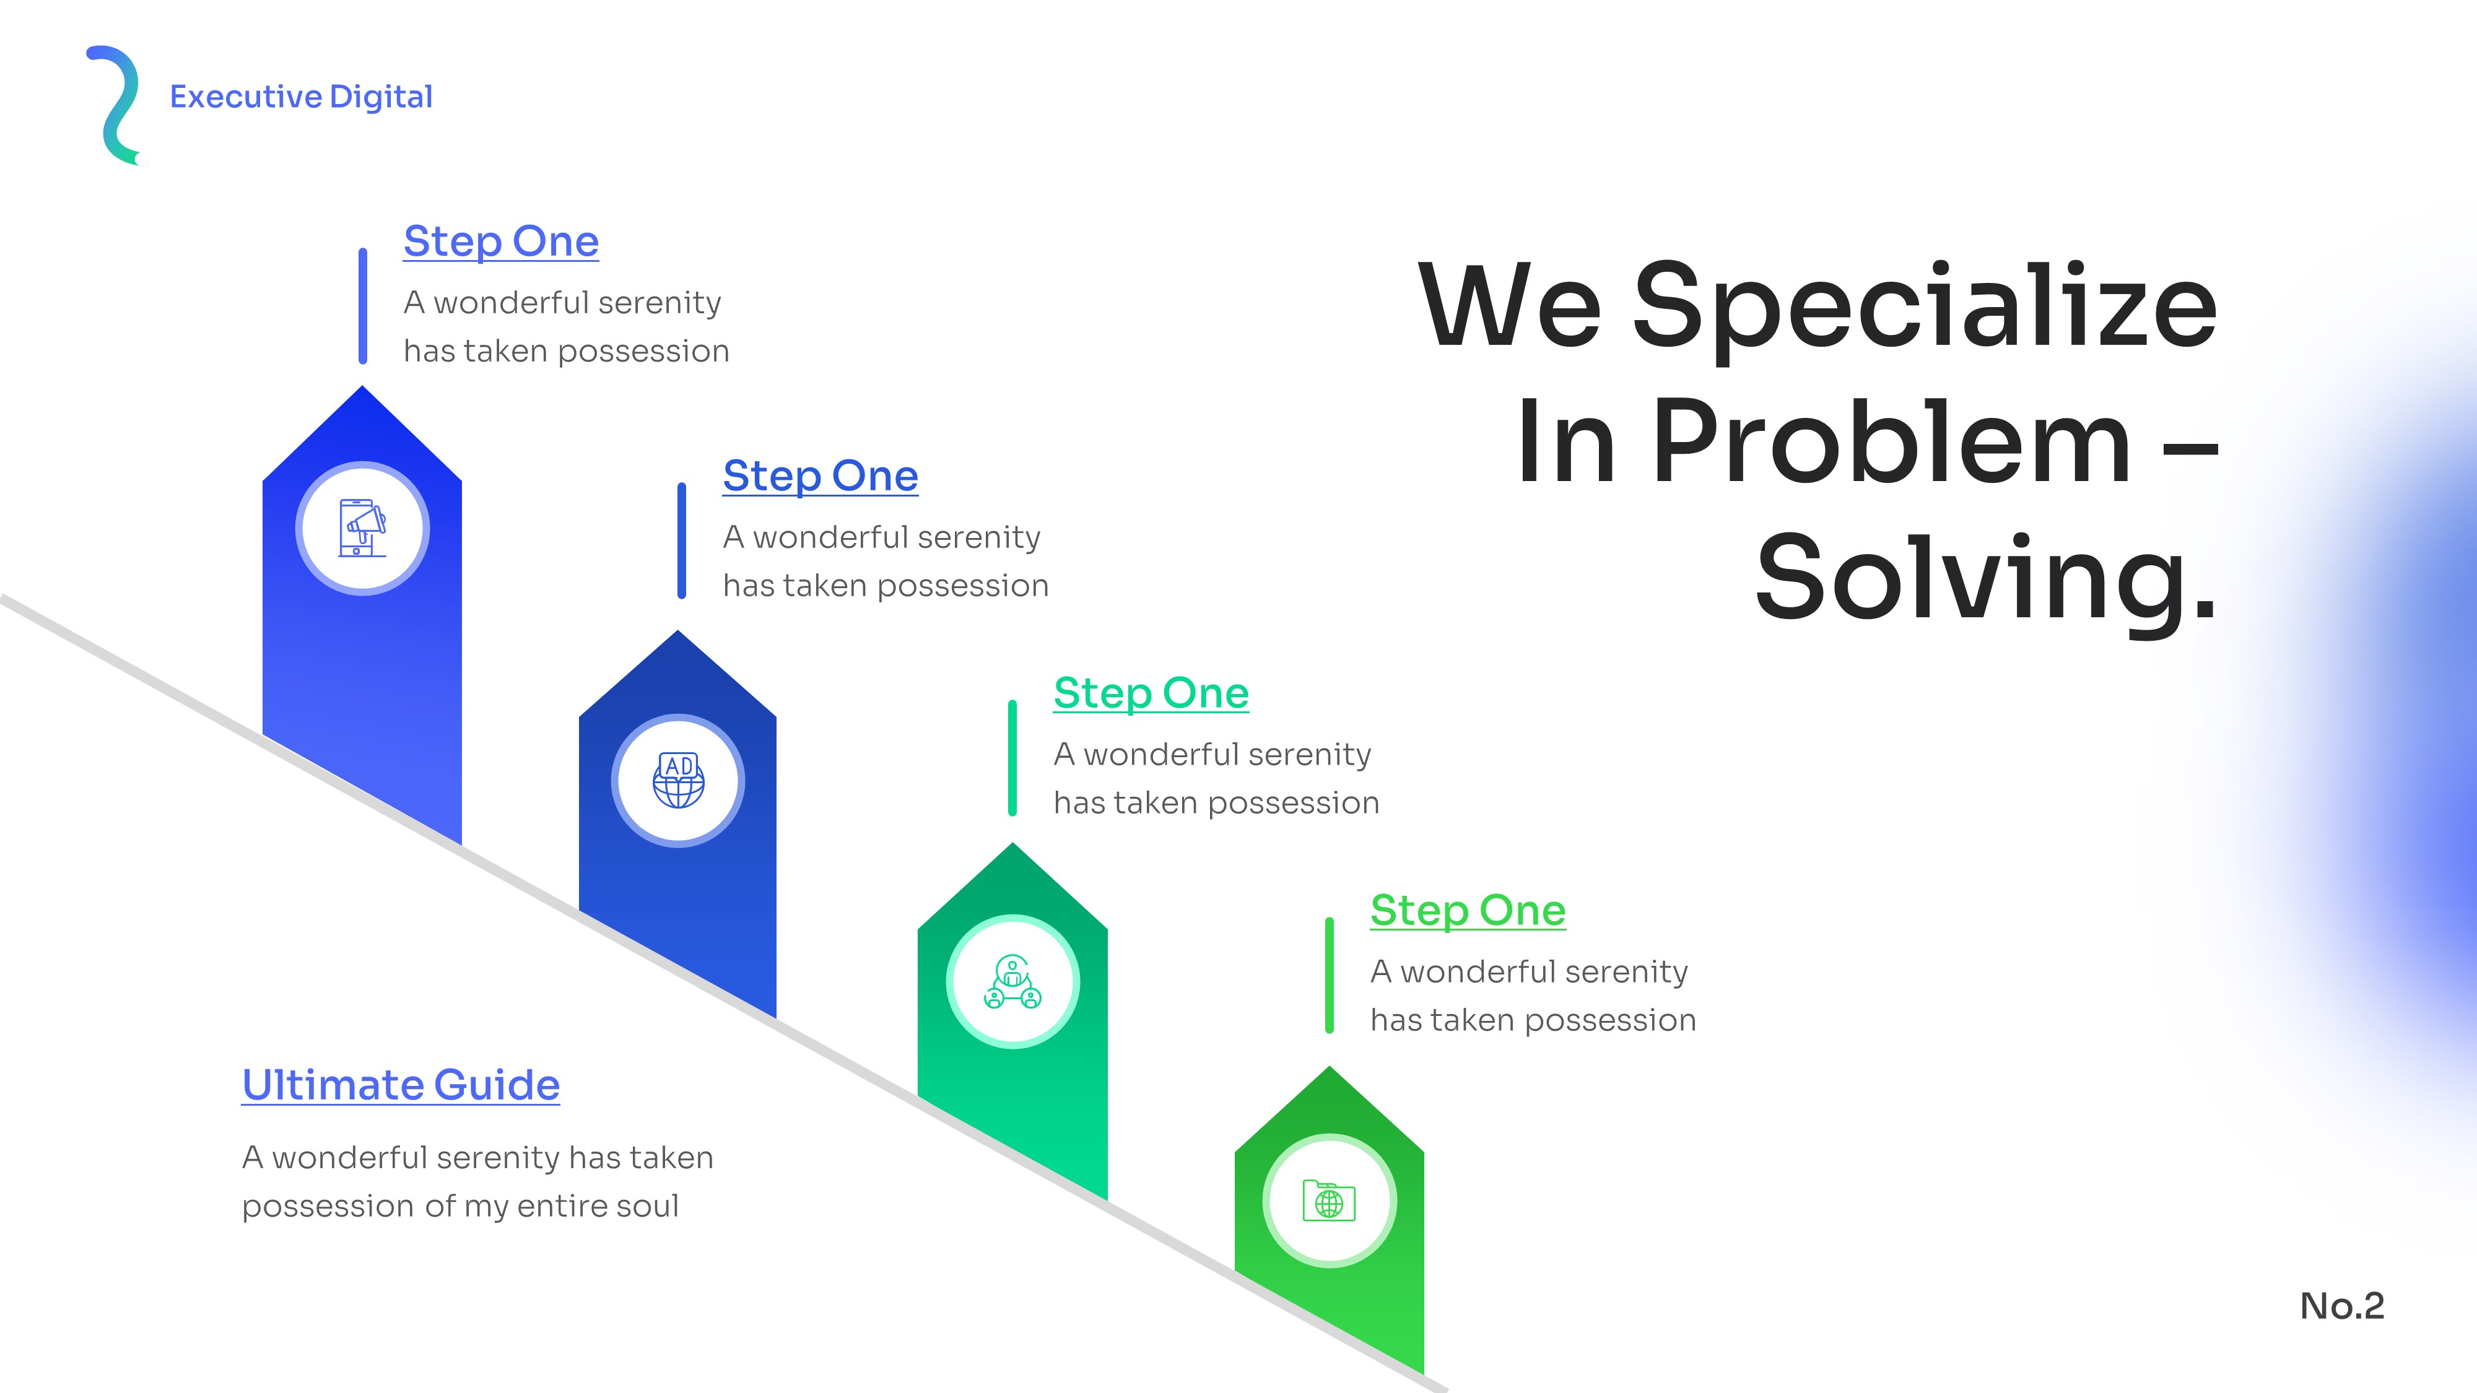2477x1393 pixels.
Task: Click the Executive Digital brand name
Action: coord(301,97)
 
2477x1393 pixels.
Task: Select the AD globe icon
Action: coord(679,779)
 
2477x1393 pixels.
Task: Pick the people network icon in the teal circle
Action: coord(1012,981)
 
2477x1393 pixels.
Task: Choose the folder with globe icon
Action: coord(1329,1200)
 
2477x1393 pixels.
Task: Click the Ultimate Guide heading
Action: coord(401,1085)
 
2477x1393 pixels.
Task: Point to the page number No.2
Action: coord(2343,1306)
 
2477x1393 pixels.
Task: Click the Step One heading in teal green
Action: coord(1151,693)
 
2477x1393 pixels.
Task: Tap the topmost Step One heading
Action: coord(501,241)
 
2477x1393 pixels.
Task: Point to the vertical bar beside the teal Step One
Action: coord(1012,758)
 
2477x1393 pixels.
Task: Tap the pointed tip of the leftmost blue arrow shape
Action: coord(362,386)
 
